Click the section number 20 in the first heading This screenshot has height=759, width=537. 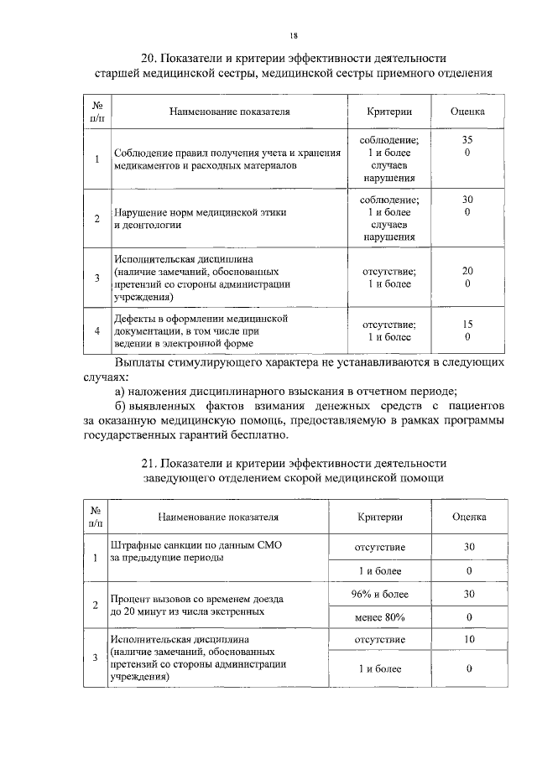(148, 58)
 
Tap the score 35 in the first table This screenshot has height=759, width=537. (467, 139)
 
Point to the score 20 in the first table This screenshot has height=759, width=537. (467, 271)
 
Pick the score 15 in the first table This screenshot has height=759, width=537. (467, 324)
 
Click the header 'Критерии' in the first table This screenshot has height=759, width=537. (389, 111)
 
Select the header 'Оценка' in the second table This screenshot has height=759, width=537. (469, 517)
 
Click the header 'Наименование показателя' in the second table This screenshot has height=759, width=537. (217, 517)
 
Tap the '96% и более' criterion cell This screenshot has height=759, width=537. (379, 594)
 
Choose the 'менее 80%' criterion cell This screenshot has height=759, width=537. (379, 618)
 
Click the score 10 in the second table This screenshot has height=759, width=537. (469, 639)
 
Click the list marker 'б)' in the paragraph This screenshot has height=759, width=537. (122, 407)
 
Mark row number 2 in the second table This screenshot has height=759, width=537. (96, 605)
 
